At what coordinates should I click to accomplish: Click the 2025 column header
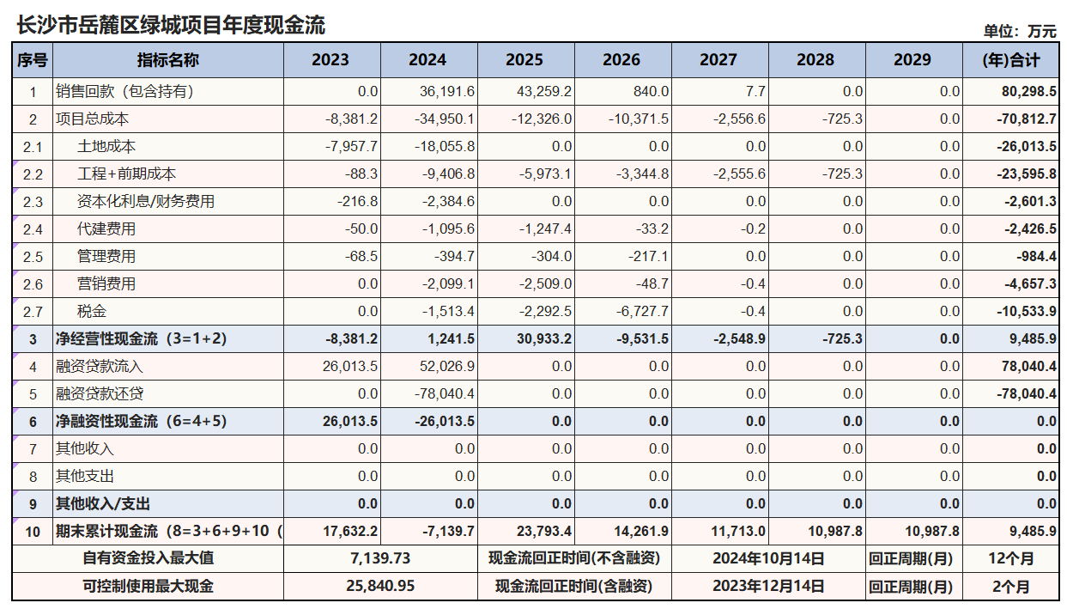click(524, 60)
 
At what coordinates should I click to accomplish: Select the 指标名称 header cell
click(167, 60)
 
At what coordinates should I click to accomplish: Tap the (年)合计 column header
click(1010, 60)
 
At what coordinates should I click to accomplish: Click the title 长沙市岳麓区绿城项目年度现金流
click(171, 25)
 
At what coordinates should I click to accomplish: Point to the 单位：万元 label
click(1020, 31)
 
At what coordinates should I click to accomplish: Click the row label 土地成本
click(106, 147)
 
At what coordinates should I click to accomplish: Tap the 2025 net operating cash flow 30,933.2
click(545, 339)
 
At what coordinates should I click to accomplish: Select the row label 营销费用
click(106, 284)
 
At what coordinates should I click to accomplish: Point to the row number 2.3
click(33, 202)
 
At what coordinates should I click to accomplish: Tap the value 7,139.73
click(380, 558)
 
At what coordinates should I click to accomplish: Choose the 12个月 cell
click(1009, 558)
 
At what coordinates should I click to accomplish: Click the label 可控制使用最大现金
click(148, 587)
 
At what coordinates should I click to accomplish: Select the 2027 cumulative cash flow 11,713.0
click(739, 532)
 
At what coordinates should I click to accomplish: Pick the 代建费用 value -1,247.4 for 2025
click(545, 229)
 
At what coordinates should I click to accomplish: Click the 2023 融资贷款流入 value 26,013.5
click(351, 367)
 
